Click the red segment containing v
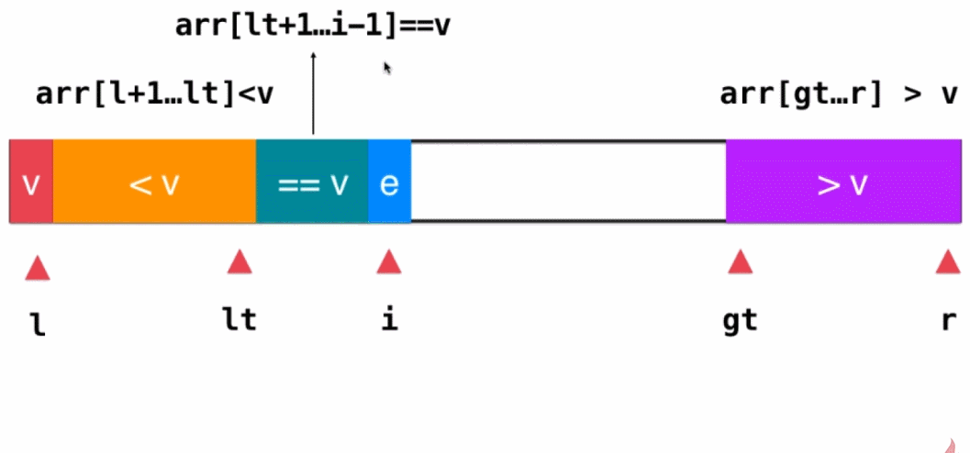31,182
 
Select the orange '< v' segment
154,182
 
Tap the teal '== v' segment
312,182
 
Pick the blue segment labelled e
389,182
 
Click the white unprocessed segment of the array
568,182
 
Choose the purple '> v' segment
843,182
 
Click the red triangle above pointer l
38,268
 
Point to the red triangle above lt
240,262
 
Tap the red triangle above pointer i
389,262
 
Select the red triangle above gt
740,262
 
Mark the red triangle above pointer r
947,262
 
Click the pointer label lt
240,320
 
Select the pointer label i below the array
389,320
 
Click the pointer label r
948,321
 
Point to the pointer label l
38,322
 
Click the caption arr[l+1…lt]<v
154,94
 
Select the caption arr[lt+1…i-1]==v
313,26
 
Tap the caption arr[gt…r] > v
839,94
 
